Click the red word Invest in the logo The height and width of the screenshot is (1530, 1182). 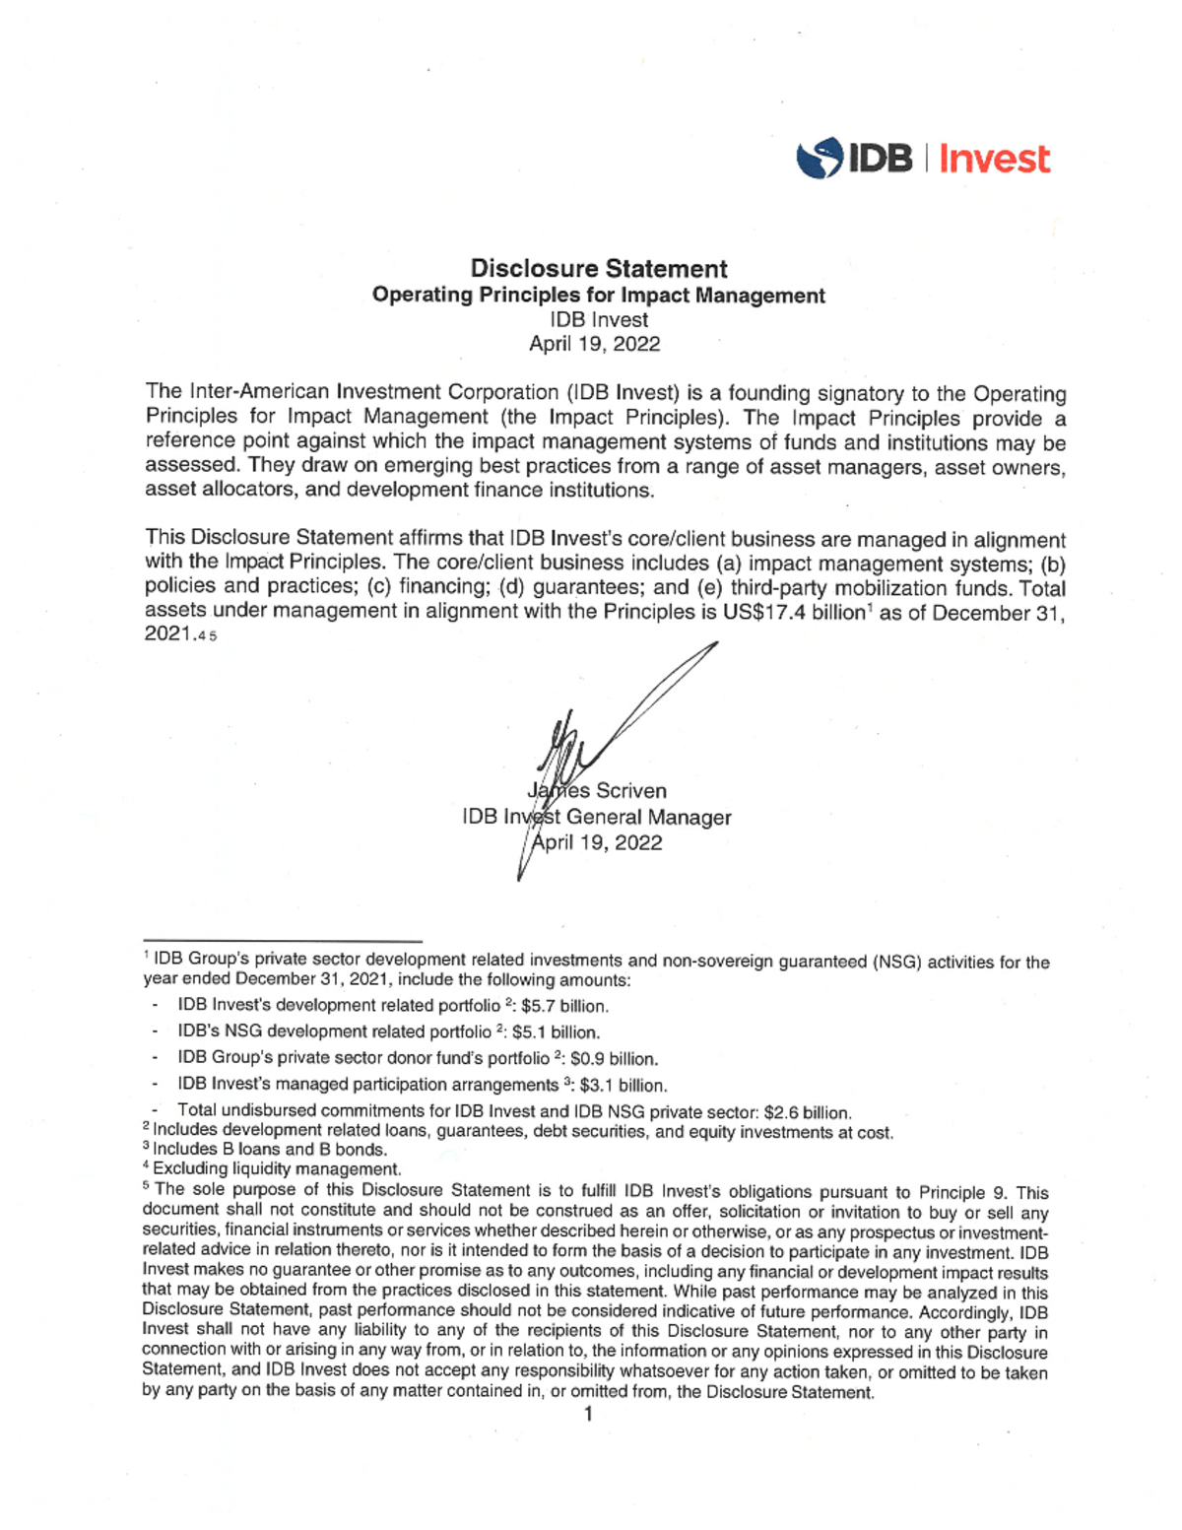994,159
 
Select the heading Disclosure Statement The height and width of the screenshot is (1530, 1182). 598,268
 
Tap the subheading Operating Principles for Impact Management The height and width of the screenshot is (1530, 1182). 598,296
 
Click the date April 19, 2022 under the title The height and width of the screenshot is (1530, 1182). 594,344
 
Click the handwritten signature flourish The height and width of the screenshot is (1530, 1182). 630,709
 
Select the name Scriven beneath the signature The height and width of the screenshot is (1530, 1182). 630,791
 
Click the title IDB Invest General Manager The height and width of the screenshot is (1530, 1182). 597,817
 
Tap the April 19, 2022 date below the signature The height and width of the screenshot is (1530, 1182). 597,842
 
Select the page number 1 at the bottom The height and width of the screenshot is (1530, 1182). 588,1415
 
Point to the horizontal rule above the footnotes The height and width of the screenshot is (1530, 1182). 283,942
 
